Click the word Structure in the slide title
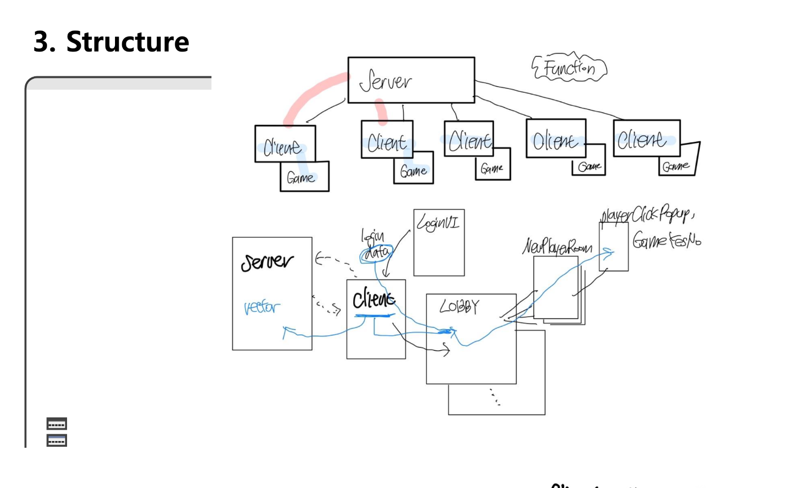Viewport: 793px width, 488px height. tap(127, 42)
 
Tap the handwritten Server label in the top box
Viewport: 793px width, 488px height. tap(386, 81)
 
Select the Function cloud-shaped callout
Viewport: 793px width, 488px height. tap(569, 68)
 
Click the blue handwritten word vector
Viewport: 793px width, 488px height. tap(262, 307)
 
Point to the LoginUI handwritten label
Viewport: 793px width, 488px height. tap(438, 222)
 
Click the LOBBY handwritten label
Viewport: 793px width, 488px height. tap(459, 306)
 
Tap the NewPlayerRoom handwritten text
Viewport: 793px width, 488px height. tap(557, 247)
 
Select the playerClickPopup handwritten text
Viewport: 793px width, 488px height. tap(647, 214)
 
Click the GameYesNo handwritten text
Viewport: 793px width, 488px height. tap(667, 240)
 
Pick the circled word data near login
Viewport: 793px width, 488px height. tap(377, 253)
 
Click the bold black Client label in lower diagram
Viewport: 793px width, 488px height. tap(374, 299)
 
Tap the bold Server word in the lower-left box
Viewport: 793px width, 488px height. tap(267, 262)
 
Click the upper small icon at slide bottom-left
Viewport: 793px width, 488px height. tap(57, 424)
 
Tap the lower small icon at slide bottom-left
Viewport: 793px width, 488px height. tap(57, 441)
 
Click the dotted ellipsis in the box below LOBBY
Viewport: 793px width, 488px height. tap(495, 397)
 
